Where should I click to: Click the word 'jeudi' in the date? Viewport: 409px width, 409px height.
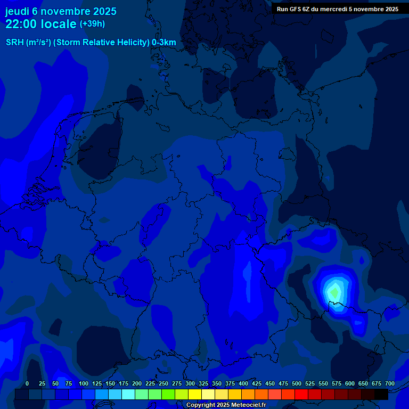pyautogui.click(x=17, y=11)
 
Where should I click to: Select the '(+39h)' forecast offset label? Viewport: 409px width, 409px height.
pyautogui.click(x=92, y=24)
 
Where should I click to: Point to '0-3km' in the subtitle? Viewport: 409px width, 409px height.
pyautogui.click(x=163, y=43)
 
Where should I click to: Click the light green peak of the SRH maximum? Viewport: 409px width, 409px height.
pyautogui.click(x=334, y=291)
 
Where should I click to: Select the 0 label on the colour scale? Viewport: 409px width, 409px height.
pyautogui.click(x=27, y=384)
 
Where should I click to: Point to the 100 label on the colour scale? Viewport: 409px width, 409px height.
pyautogui.click(x=84, y=384)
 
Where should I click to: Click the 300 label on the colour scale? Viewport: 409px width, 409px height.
pyautogui.click(x=190, y=384)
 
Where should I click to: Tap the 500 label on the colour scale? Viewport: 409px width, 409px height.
pyautogui.click(x=297, y=384)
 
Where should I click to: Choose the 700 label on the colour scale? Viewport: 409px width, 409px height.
pyautogui.click(x=390, y=384)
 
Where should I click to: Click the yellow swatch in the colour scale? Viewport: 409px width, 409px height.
pyautogui.click(x=194, y=394)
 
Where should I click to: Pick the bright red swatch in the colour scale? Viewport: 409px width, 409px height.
pyautogui.click(x=301, y=394)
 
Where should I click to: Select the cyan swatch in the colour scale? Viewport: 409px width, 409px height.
pyautogui.click(x=128, y=394)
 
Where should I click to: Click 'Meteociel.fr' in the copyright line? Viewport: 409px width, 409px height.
pyautogui.click(x=249, y=405)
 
